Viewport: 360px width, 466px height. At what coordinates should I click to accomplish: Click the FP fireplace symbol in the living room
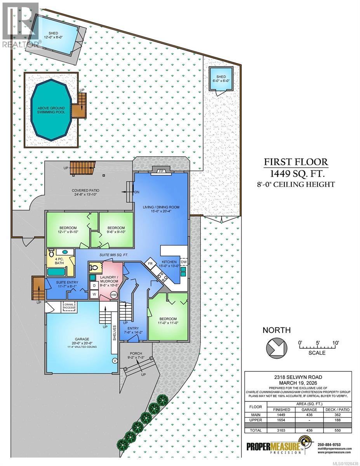coord(161,170)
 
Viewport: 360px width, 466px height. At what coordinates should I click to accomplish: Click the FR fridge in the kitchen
coord(150,264)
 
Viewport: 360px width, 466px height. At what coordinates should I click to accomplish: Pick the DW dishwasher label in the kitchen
coord(184,262)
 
